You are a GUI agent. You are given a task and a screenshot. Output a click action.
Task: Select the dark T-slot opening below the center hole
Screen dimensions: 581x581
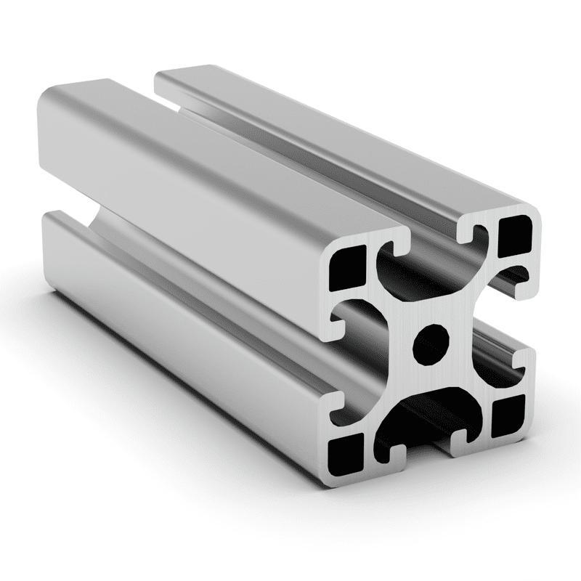tap(425, 414)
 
